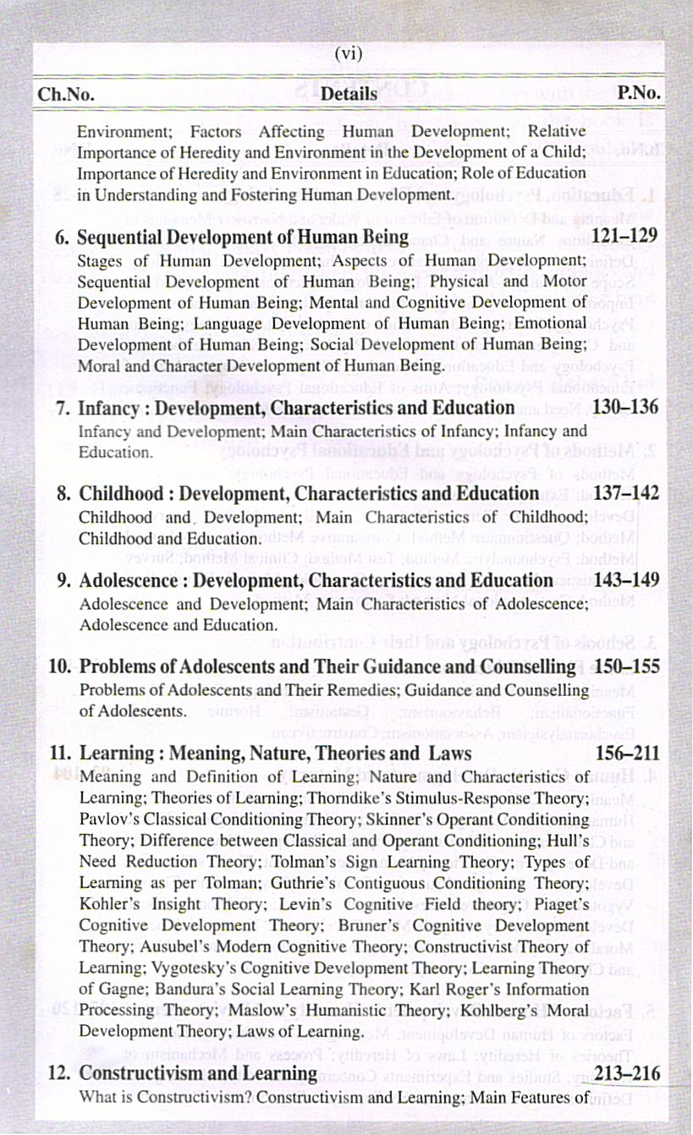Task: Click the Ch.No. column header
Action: pyautogui.click(x=65, y=94)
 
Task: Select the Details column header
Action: pyautogui.click(x=349, y=94)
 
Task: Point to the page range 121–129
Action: pyautogui.click(x=625, y=235)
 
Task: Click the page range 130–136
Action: pyautogui.click(x=625, y=408)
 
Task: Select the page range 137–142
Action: pyautogui.click(x=625, y=493)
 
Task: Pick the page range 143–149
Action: pyautogui.click(x=625, y=580)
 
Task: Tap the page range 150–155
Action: pyautogui.click(x=627, y=666)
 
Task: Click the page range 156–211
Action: pyautogui.click(x=625, y=753)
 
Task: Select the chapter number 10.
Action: pyautogui.click(x=59, y=667)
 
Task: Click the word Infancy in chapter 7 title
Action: pyautogui.click(x=107, y=408)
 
